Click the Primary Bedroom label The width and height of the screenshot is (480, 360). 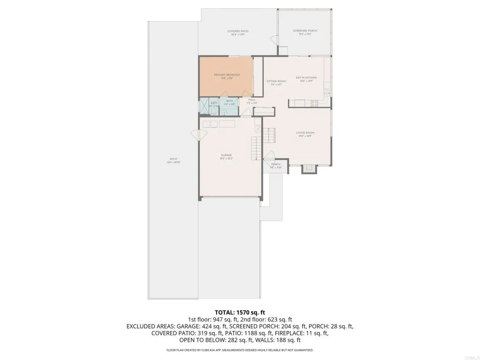[x=227, y=75]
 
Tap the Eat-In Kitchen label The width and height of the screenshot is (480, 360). [x=306, y=77]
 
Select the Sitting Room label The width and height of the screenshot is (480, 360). [x=276, y=81]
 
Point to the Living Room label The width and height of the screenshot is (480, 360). [x=305, y=133]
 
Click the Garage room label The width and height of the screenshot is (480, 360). [x=227, y=155]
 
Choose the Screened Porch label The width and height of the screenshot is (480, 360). [x=305, y=31]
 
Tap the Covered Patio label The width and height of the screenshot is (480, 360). [x=238, y=31]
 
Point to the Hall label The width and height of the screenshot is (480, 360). [x=252, y=100]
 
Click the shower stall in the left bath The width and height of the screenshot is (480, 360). [x=204, y=106]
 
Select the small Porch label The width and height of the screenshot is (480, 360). [x=276, y=164]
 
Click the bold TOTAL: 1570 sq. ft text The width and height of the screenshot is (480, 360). [x=240, y=311]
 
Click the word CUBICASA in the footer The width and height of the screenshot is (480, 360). [x=221, y=350]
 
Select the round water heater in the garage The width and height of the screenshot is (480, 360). [x=257, y=129]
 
